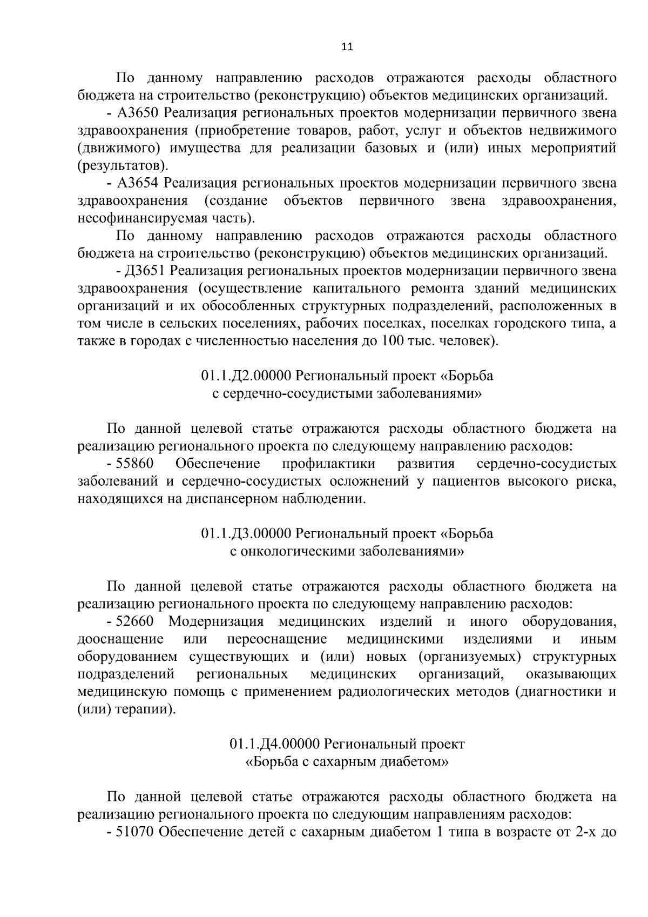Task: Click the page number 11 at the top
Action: tap(347, 47)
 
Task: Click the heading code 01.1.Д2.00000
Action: tap(246, 376)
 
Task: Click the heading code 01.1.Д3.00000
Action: tap(246, 534)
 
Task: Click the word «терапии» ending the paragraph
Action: tap(146, 709)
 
